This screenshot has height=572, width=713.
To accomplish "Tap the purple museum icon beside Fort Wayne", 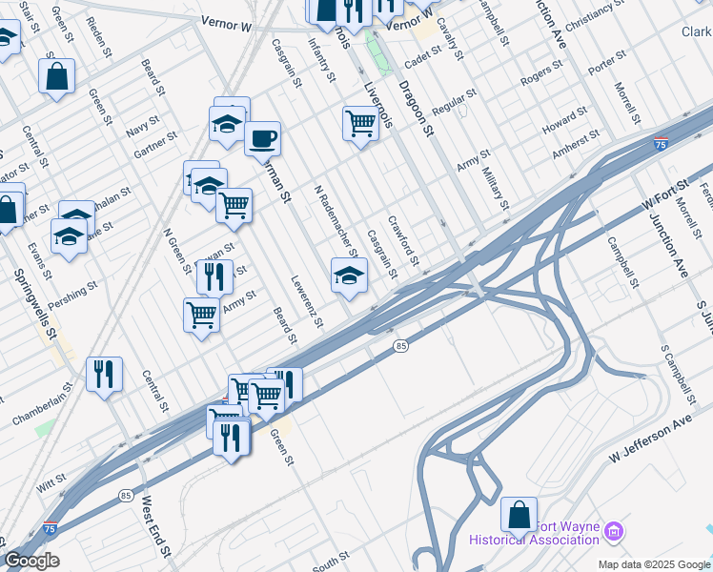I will point(613,531).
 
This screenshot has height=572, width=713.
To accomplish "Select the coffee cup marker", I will point(262,139).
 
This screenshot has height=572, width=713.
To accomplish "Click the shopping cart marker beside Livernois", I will point(360,123).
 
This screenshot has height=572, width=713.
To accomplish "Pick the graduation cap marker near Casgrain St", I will point(349,276).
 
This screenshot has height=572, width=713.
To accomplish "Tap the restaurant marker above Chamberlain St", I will point(104,374).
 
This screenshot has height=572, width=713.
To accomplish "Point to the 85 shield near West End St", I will point(127,495).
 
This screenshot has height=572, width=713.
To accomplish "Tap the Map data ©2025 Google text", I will point(653,564).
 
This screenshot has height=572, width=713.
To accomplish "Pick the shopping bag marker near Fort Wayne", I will point(519,515).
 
